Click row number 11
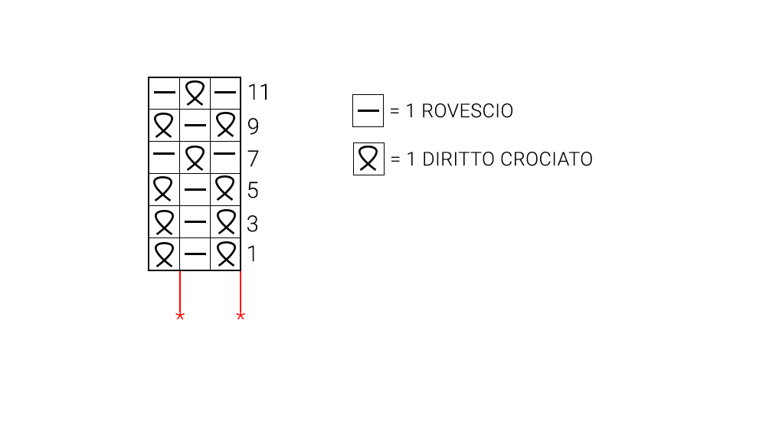tap(258, 93)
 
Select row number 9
tap(253, 126)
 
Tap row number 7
tap(253, 159)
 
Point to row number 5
tap(253, 190)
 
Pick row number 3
tap(253, 224)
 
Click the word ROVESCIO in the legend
tap(467, 111)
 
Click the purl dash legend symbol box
tap(368, 111)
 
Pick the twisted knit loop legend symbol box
tap(368, 159)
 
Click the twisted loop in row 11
tap(195, 93)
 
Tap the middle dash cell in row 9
tap(195, 125)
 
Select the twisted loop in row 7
tap(195, 158)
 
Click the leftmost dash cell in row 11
tap(164, 93)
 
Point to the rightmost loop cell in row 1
tap(225, 254)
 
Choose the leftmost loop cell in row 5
tap(164, 189)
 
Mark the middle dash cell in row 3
tap(195, 222)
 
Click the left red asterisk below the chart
tap(180, 316)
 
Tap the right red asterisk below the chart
tap(241, 316)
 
